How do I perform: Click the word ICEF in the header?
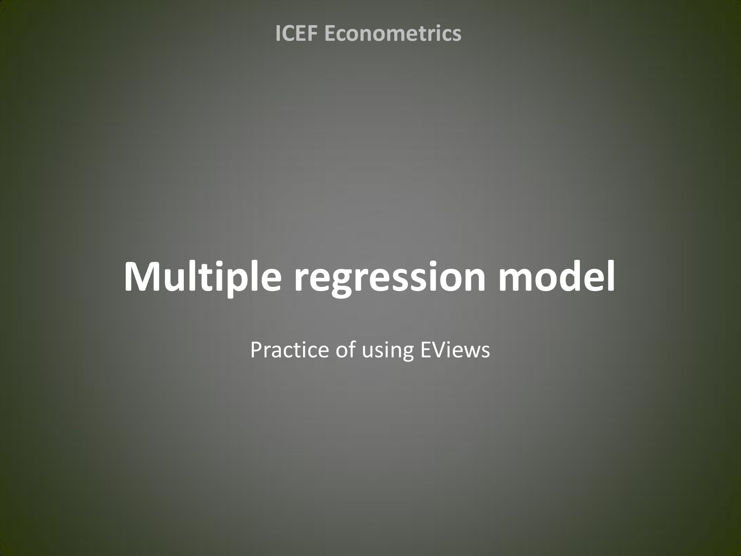298,33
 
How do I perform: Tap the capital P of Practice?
257,350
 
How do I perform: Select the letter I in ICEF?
278,33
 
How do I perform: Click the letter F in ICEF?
315,33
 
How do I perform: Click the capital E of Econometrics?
330,33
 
